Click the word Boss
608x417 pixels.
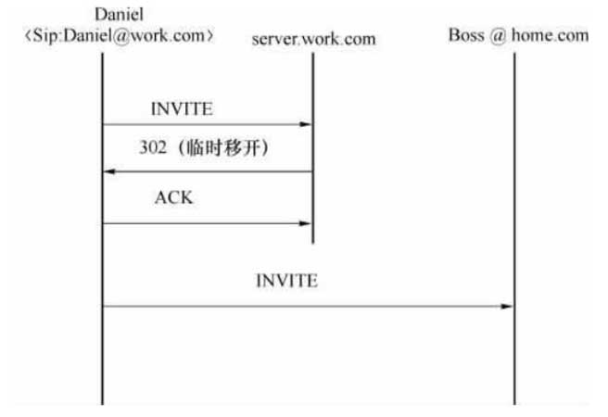[x=466, y=36]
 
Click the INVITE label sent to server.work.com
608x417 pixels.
[x=181, y=109]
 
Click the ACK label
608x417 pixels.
[x=173, y=198]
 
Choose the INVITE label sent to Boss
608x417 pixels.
[x=286, y=281]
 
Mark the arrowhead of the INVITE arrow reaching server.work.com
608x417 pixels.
[x=306, y=124]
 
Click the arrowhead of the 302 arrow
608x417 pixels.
[x=108, y=171]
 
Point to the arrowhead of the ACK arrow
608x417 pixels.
[x=306, y=223]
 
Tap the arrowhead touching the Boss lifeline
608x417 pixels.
[x=508, y=306]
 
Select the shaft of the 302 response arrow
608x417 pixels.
[x=209, y=171]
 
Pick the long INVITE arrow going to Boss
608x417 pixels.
[x=306, y=306]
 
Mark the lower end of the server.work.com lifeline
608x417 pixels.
[x=312, y=241]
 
